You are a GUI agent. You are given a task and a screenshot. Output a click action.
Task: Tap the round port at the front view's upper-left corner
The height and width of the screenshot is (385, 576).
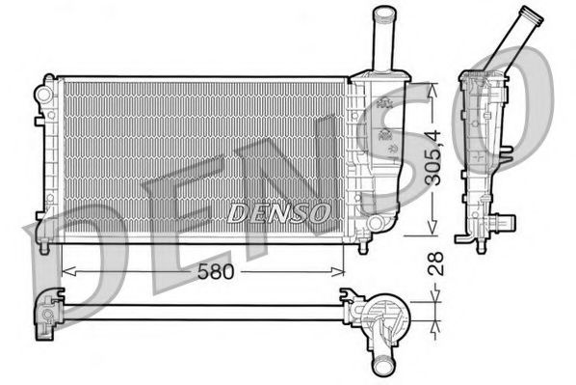tap(41, 93)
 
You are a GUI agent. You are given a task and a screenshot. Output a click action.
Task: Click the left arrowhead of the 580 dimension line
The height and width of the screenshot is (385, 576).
tap(65, 272)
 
